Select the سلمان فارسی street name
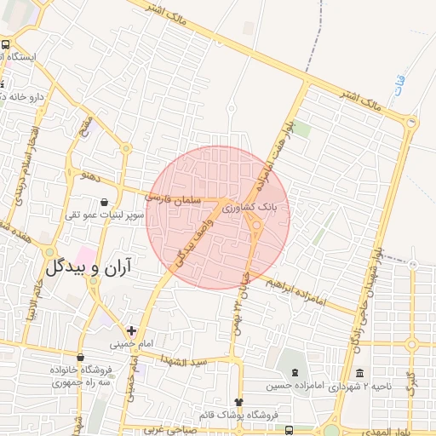[174, 198]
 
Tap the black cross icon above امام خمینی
[130, 330]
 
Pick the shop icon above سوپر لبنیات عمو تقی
[104, 203]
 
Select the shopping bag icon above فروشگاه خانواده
[80, 358]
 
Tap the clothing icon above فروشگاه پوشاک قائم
[238, 402]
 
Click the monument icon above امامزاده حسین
[295, 374]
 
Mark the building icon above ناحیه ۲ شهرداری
[360, 374]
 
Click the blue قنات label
[400, 84]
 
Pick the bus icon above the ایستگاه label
[6, 44]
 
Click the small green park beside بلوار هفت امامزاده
[302, 129]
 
